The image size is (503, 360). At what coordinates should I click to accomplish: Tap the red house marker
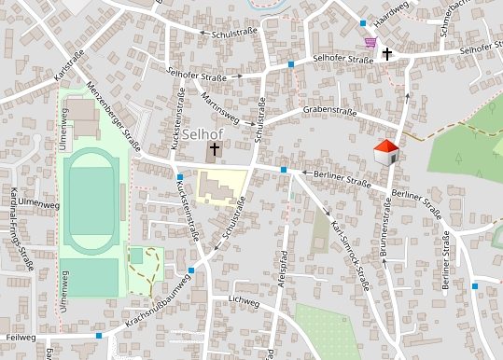[x=385, y=151]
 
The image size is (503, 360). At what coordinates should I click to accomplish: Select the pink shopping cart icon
[x=370, y=42]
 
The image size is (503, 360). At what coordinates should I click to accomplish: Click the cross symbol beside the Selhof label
[x=214, y=149]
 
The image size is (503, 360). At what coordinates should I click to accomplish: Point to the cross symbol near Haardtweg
[x=386, y=54]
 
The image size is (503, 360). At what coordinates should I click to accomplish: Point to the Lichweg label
[x=243, y=302]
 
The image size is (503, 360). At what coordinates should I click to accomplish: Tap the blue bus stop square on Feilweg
[x=99, y=334]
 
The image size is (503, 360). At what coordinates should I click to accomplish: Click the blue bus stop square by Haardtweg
[x=363, y=22]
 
